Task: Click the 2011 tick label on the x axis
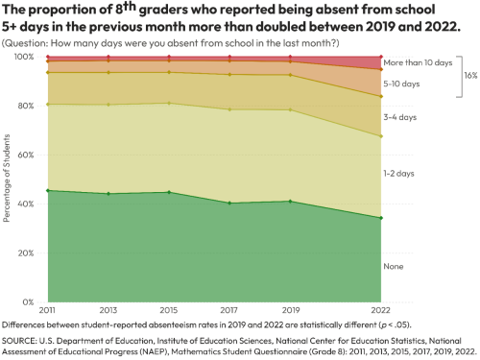point(46,310)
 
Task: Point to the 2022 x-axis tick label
point(381,310)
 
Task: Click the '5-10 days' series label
point(401,84)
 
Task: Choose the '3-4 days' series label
point(399,117)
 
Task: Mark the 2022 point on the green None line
point(381,218)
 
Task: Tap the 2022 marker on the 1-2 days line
point(381,136)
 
